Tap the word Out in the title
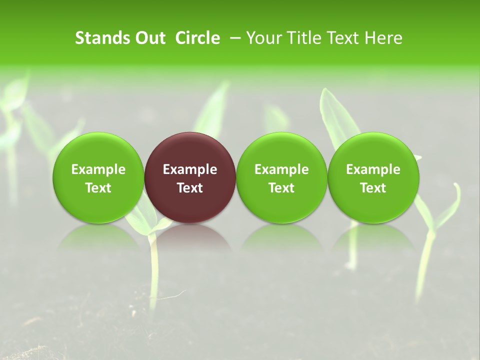pyautogui.click(x=148, y=38)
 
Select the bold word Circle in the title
pyautogui.click(x=197, y=38)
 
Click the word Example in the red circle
pyautogui.click(x=190, y=169)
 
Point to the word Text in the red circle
pyautogui.click(x=190, y=188)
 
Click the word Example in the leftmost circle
pyautogui.click(x=98, y=169)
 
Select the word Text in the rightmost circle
pyautogui.click(x=373, y=188)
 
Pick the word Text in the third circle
pyautogui.click(x=281, y=188)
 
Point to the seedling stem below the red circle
pyautogui.click(x=154, y=270)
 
